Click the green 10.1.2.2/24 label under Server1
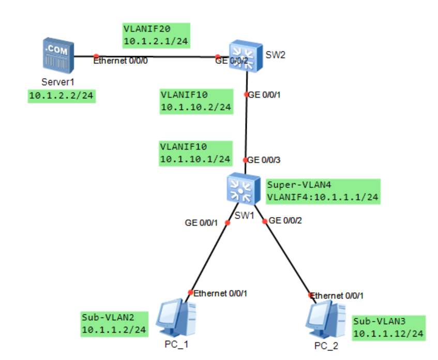coord(62,96)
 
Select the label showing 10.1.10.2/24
coord(196,101)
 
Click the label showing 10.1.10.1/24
coord(195,153)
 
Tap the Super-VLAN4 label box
coord(323,191)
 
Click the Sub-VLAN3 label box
coord(388,328)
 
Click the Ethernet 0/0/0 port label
coord(120,62)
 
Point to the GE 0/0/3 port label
coord(265,160)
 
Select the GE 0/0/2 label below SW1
coord(285,220)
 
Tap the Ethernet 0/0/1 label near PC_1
coord(220,294)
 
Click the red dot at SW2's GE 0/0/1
coord(246,94)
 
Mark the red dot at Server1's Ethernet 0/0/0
coord(96,56)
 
